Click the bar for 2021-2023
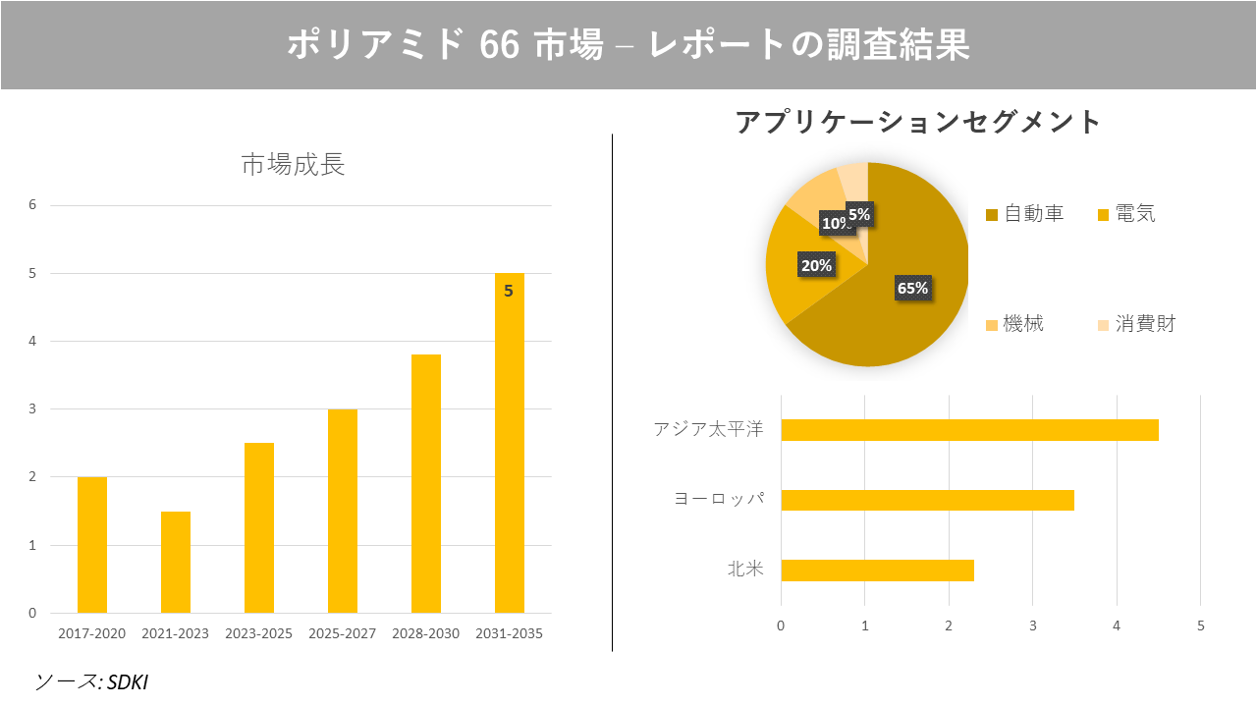(x=176, y=562)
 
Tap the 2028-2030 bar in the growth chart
(x=426, y=483)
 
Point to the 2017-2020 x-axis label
(x=92, y=633)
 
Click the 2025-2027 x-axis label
(x=342, y=633)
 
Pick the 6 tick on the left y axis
(x=32, y=205)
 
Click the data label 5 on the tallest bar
(x=509, y=291)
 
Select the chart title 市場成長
(x=293, y=165)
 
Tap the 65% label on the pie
(x=912, y=288)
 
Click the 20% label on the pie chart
(x=816, y=265)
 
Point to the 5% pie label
(x=858, y=214)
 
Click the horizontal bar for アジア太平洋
(x=969, y=430)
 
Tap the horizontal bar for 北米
(x=877, y=571)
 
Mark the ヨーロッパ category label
(x=718, y=499)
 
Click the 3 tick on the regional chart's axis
(x=1032, y=625)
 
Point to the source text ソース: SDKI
(x=91, y=681)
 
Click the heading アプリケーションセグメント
(x=918, y=123)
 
